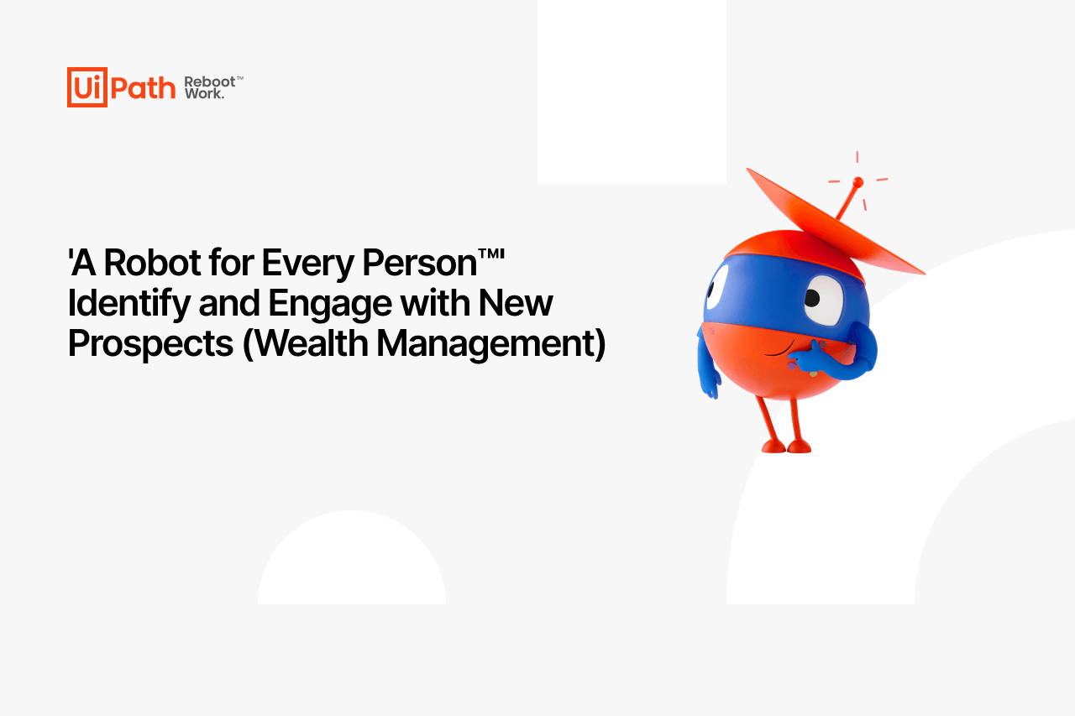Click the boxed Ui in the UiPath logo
(x=87, y=87)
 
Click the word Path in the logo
(x=143, y=88)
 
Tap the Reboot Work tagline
(x=213, y=87)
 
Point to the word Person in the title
(x=419, y=263)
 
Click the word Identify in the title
(x=128, y=304)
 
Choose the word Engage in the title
(x=330, y=304)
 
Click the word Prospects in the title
(x=150, y=344)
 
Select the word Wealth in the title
(x=311, y=343)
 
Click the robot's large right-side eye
(x=824, y=300)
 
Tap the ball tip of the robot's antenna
(x=858, y=182)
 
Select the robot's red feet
(x=786, y=447)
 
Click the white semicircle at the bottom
(x=352, y=557)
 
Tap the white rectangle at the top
(x=632, y=91)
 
